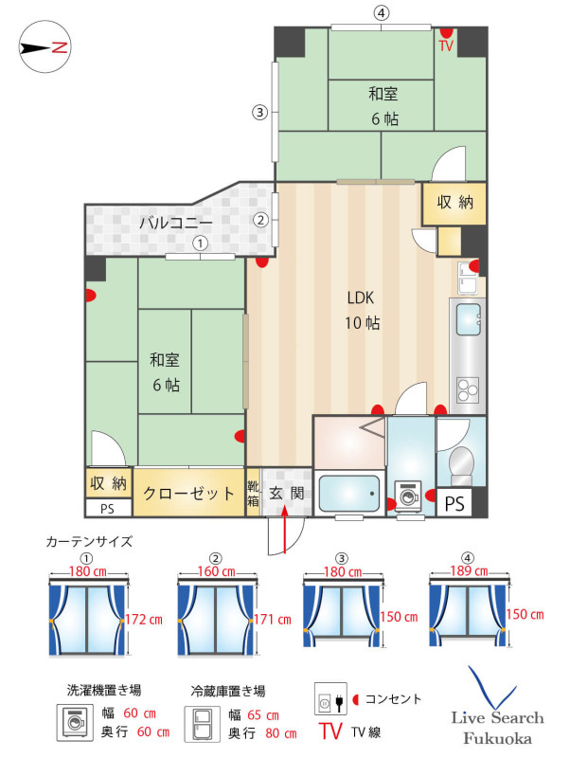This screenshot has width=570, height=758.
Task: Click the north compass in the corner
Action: [x=45, y=46]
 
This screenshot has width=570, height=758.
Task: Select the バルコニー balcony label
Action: [x=176, y=223]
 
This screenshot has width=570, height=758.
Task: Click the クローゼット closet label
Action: [x=188, y=493]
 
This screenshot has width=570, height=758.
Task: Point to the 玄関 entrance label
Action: [x=287, y=493]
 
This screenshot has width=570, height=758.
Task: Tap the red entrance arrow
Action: [x=284, y=529]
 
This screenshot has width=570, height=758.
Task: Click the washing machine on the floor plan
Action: [x=409, y=495]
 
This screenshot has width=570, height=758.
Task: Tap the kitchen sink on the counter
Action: [x=468, y=319]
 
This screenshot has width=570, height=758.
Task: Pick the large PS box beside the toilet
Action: [x=454, y=503]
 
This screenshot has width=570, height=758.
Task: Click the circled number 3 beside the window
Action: [x=259, y=113]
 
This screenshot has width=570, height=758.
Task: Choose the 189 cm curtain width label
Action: [x=469, y=571]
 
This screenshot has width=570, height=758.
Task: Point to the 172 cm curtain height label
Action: [x=144, y=620]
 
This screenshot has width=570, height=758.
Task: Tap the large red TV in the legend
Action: [x=330, y=731]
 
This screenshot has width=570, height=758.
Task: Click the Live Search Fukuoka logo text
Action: [x=497, y=728]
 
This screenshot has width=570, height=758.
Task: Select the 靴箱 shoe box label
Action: [x=253, y=493]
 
